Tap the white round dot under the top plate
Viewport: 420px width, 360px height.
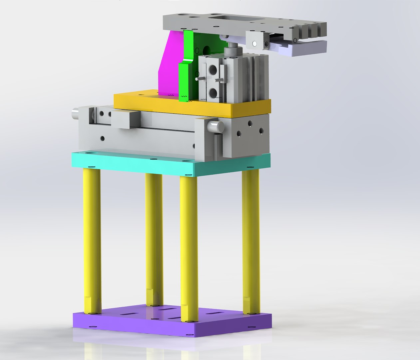255,43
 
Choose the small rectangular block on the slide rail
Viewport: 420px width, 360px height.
125,119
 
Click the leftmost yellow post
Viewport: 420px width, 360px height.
92,240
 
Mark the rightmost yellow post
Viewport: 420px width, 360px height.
251,240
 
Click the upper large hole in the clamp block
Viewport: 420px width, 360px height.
212,70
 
